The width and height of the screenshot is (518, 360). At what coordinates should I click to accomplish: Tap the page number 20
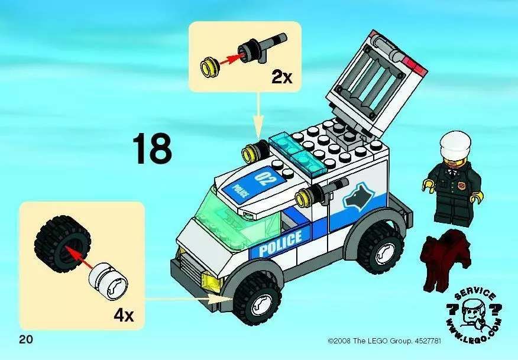click(26, 339)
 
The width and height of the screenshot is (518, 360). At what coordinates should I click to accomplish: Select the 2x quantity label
click(282, 77)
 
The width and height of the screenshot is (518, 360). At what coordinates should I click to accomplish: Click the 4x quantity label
click(124, 316)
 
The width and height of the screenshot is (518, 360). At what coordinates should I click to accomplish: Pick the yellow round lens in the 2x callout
click(209, 67)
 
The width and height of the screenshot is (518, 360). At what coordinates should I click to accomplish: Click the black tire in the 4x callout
click(61, 244)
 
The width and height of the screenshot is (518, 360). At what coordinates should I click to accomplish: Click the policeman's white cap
click(455, 145)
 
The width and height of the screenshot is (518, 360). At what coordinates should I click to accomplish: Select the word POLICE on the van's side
click(280, 244)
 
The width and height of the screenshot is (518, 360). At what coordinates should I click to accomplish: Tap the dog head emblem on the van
click(357, 197)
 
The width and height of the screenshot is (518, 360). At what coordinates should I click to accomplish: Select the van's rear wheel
click(380, 248)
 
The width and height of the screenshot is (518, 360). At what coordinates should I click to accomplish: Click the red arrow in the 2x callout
click(230, 60)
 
